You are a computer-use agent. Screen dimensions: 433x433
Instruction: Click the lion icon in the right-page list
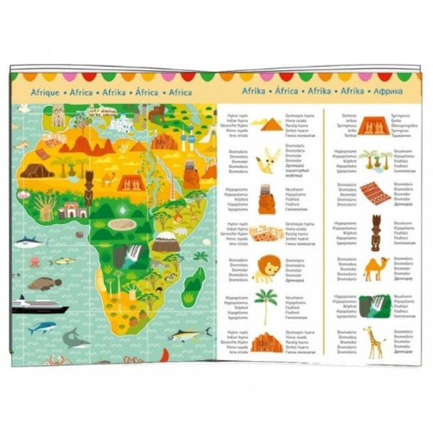(x=266, y=267)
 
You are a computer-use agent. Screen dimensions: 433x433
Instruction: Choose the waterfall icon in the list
(x=375, y=305)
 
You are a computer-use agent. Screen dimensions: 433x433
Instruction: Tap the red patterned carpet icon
(x=375, y=194)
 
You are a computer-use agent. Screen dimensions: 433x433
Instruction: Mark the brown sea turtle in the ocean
(x=44, y=284)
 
